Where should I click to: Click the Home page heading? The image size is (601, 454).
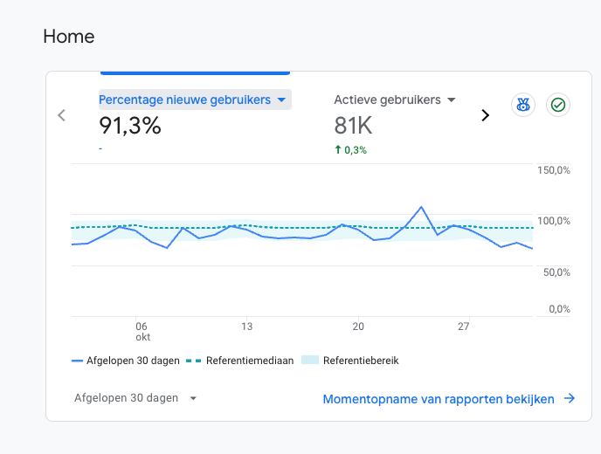69,37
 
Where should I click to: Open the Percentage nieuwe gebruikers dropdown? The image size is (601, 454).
195,100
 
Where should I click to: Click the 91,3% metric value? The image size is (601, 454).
130,126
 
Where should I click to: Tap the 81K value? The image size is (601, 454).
353,126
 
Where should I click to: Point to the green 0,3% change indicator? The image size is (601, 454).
350,150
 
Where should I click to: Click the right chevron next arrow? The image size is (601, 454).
485,115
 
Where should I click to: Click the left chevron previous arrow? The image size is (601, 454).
61,115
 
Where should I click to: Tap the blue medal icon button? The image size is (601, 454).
523,105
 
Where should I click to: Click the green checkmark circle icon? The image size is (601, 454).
558,105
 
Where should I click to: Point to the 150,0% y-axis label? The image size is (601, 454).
554,170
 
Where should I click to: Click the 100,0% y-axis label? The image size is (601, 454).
554,221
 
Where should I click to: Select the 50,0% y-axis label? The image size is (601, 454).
556,272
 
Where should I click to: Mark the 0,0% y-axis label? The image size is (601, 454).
559,309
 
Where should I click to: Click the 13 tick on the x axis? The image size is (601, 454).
247,327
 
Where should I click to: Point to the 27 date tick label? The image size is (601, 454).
463,327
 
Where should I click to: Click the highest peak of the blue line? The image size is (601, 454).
421,207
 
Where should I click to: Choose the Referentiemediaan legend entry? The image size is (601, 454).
240,361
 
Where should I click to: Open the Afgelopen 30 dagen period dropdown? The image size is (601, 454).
135,398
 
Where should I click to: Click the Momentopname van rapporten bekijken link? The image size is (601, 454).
449,399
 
